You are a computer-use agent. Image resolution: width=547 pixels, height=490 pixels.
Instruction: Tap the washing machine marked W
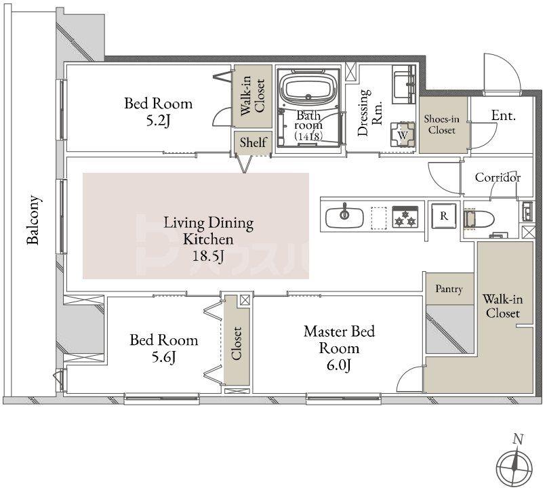coord(403,135)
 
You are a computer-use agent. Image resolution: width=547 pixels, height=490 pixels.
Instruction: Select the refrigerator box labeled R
coord(444,216)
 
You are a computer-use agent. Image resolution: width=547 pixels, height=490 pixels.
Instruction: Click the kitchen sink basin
coord(344,218)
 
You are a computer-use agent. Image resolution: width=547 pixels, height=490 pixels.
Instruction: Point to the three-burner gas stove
coord(405,217)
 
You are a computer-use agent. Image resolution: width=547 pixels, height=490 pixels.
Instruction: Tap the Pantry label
coord(449,289)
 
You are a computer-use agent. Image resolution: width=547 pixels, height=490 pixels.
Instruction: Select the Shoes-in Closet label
coord(442,125)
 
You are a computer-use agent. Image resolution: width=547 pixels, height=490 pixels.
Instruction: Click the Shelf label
coord(254,142)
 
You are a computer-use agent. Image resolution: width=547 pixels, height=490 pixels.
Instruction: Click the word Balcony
coord(34,220)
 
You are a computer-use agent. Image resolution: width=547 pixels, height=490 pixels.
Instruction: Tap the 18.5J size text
coord(209,256)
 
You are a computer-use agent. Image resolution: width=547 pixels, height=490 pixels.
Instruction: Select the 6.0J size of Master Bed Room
coord(339,365)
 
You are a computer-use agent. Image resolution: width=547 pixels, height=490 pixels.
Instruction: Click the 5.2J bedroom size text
coord(158,121)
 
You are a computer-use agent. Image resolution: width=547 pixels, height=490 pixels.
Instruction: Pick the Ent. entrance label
coord(504,115)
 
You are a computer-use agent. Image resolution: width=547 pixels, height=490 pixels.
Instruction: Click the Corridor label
coord(498,178)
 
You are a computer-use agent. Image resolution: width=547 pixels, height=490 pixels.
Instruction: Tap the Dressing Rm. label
coord(369,113)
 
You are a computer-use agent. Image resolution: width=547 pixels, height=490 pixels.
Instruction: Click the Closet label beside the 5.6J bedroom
coord(236,343)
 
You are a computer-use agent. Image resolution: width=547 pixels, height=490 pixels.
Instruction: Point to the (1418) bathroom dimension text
coord(308,136)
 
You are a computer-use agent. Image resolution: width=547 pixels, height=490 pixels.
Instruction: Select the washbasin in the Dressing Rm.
coord(404,85)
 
